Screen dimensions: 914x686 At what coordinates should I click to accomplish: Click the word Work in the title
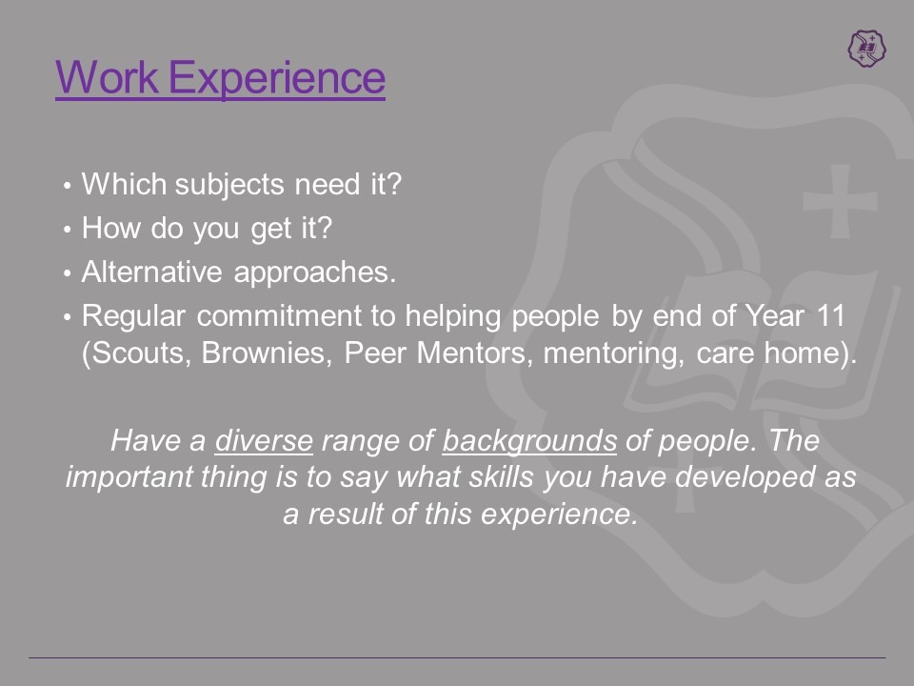pyautogui.click(x=108, y=77)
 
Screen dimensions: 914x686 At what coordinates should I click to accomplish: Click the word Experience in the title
pyautogui.click(x=277, y=80)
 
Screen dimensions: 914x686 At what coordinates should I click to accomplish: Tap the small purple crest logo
pyautogui.click(x=866, y=48)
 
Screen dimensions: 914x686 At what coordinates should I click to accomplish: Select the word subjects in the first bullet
pyautogui.click(x=229, y=186)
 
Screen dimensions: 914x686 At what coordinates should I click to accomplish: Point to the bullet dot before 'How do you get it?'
pyautogui.click(x=68, y=230)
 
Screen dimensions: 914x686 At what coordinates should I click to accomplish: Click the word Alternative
pyautogui.click(x=151, y=272)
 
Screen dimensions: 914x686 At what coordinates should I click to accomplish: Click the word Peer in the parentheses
pyautogui.click(x=375, y=353)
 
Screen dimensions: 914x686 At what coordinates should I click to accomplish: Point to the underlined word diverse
pyautogui.click(x=264, y=440)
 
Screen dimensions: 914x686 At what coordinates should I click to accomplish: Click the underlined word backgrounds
pyautogui.click(x=529, y=441)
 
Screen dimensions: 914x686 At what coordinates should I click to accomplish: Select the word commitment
pyautogui.click(x=279, y=315)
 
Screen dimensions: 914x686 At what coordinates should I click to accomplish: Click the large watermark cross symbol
pyautogui.click(x=840, y=201)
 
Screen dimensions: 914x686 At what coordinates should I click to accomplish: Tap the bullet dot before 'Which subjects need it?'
pyautogui.click(x=68, y=186)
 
